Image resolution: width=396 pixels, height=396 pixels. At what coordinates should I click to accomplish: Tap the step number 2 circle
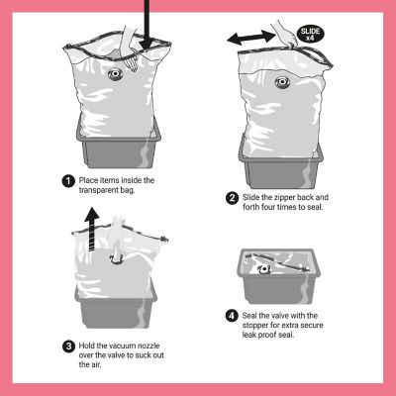[231, 198]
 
